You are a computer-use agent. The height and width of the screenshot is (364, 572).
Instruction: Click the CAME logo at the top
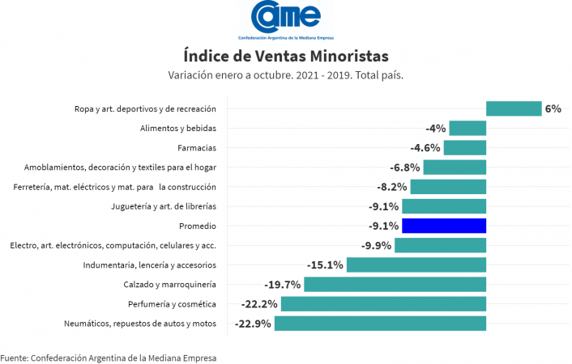[x=285, y=18]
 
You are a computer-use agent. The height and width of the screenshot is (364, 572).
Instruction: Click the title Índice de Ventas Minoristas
[x=286, y=55]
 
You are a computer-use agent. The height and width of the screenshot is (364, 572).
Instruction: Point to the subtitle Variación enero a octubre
[x=286, y=75]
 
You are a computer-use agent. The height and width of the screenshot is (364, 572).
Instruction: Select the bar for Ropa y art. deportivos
[x=514, y=108]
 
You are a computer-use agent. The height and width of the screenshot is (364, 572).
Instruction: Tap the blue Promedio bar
[x=444, y=226]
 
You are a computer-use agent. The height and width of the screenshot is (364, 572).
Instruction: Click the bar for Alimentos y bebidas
[x=467, y=128]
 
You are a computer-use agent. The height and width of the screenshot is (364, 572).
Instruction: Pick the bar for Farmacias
[x=464, y=147]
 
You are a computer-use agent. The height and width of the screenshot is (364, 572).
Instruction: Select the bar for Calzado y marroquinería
[x=395, y=285]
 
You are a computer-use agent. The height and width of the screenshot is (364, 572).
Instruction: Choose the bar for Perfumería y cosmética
[x=383, y=304]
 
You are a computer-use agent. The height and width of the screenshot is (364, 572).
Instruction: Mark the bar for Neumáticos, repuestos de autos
[x=380, y=324]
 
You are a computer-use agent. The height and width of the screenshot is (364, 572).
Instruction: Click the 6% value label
[x=553, y=108]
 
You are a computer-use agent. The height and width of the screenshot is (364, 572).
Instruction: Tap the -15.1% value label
[x=325, y=265]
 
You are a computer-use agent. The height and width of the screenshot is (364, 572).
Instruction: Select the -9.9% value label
[x=375, y=245]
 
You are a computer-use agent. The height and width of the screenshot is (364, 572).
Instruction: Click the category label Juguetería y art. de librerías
[x=163, y=206]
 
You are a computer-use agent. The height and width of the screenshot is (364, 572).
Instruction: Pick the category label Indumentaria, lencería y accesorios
[x=149, y=265]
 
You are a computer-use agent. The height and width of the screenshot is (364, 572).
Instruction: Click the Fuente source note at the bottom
[x=109, y=357]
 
